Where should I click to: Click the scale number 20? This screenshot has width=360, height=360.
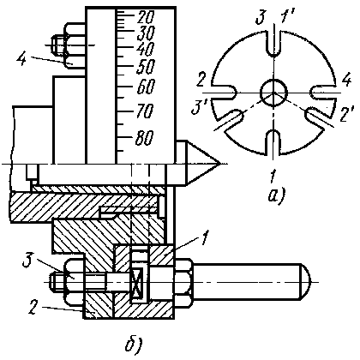146,17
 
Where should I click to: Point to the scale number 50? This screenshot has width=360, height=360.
146,67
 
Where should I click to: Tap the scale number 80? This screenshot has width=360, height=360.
145,138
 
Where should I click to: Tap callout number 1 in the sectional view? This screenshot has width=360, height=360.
205,238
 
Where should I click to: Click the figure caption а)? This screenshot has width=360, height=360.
276,197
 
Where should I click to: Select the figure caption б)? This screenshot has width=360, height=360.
134,345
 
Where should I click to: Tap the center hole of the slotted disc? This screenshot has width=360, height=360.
274,93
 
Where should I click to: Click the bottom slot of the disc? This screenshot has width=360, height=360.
274,142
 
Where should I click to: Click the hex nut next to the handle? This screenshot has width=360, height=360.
183,282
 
